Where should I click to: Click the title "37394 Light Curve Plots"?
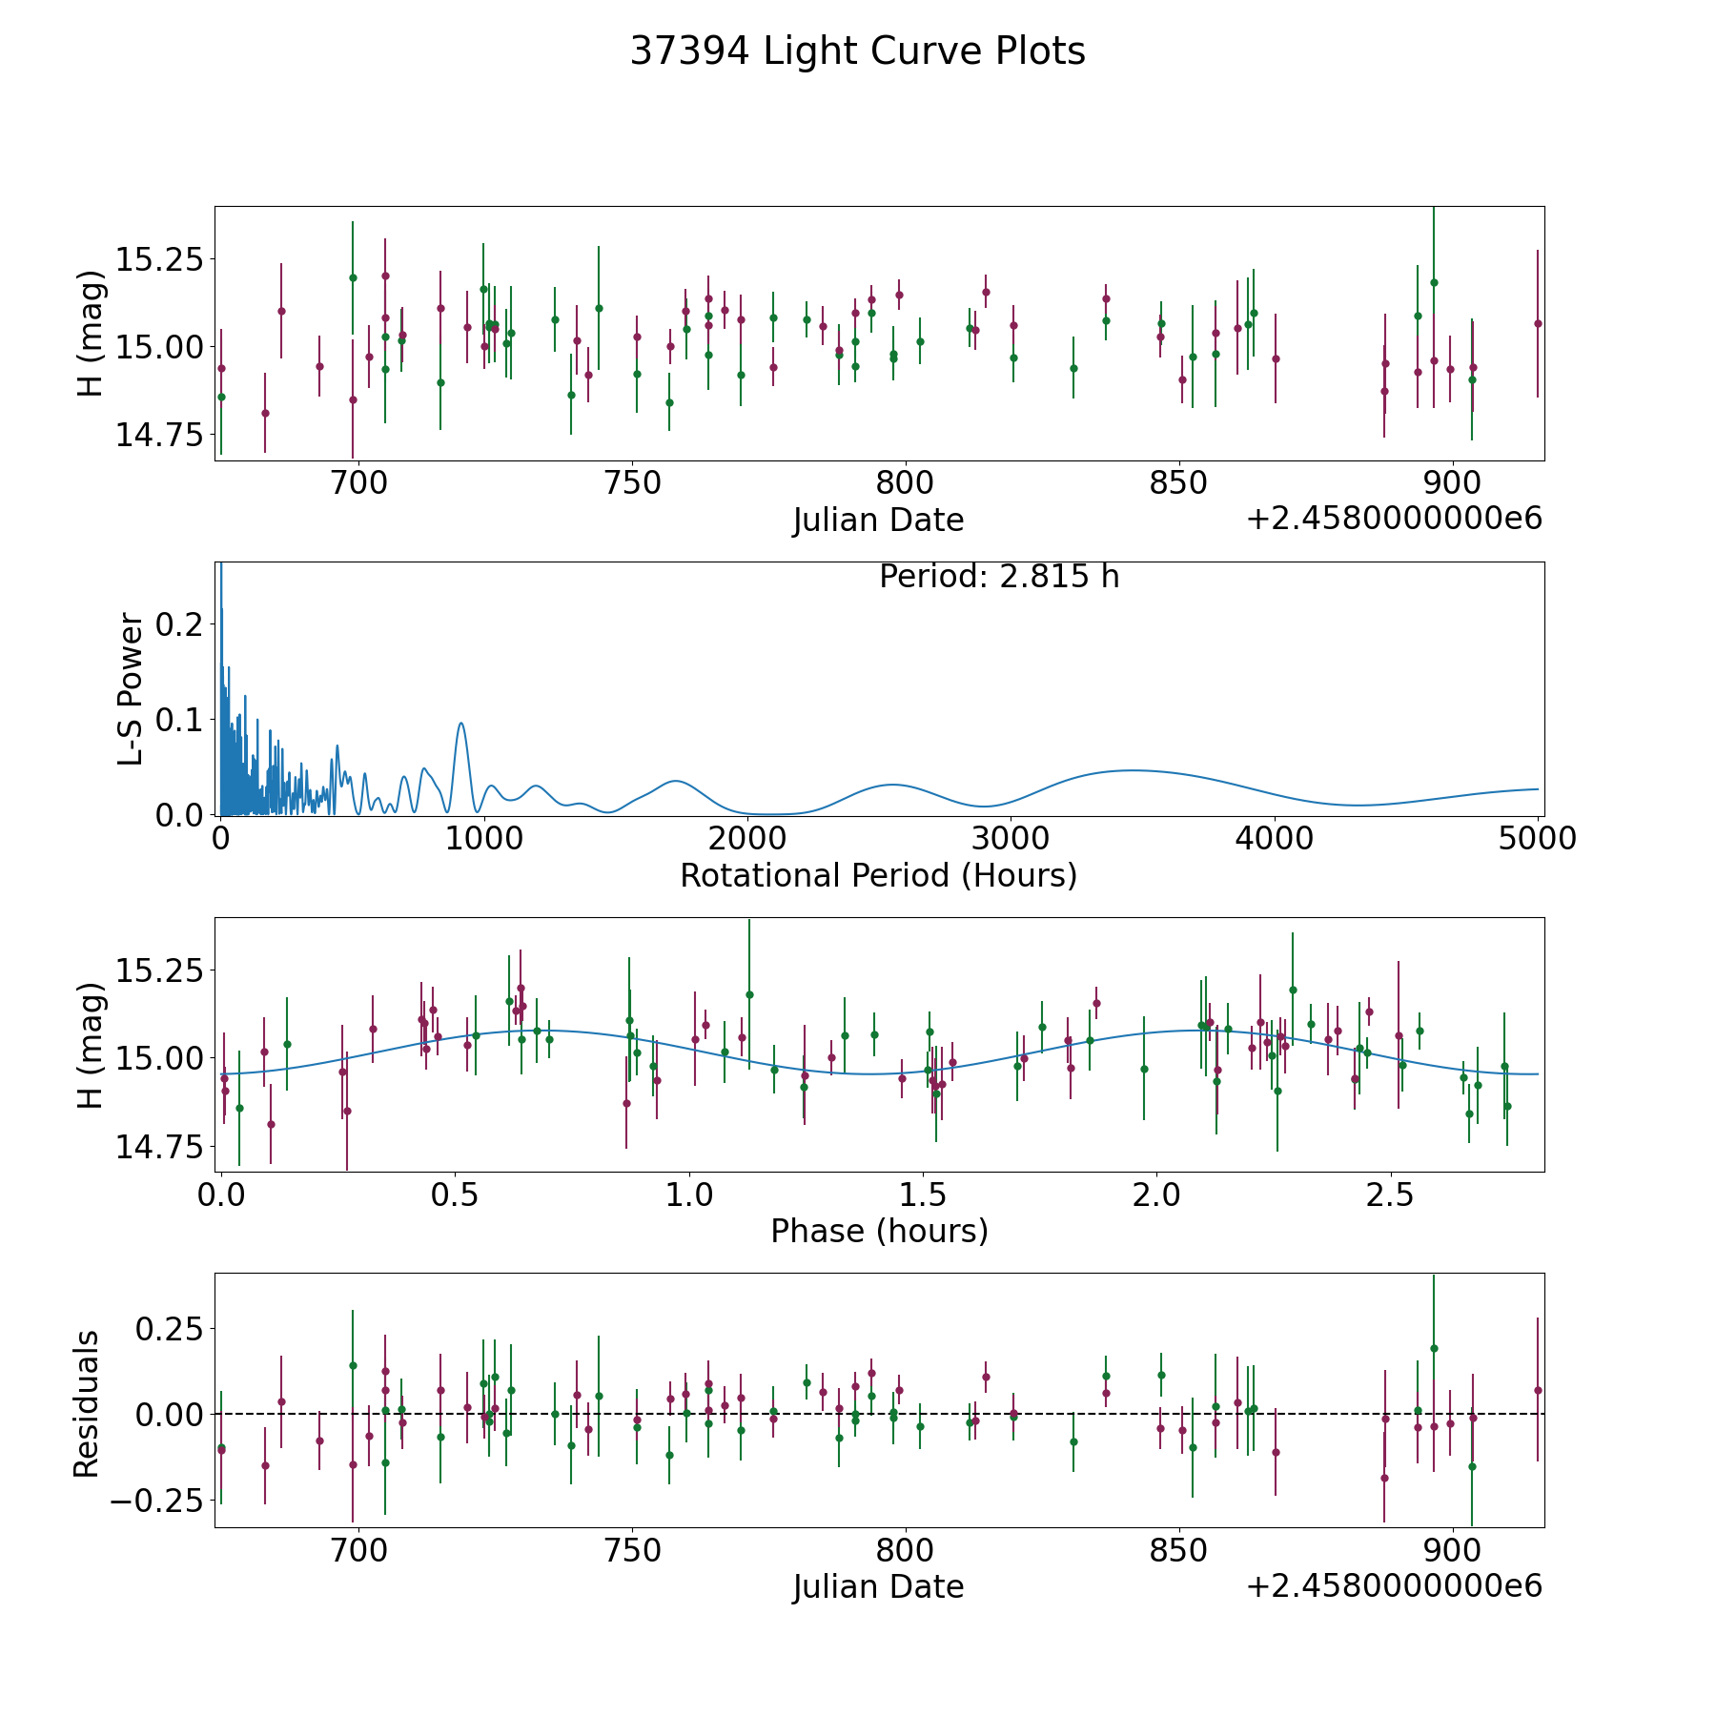click(x=857, y=51)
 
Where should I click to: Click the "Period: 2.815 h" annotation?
click(x=999, y=577)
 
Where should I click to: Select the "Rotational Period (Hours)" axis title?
click(x=878, y=875)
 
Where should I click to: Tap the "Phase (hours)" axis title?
click(x=879, y=1231)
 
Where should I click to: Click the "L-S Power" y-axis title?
click(x=132, y=688)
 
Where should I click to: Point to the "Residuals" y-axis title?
click(x=87, y=1403)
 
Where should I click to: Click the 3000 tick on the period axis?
click(x=1010, y=839)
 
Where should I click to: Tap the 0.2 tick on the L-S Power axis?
click(x=180, y=624)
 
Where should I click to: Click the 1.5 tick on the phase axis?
click(x=923, y=1195)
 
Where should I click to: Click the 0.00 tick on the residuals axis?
click(x=170, y=1414)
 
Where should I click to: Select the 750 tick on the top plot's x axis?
click(x=632, y=484)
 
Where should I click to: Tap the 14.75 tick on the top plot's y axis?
click(x=159, y=435)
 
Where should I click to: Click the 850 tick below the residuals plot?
click(x=1179, y=1551)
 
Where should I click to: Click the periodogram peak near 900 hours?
click(x=461, y=723)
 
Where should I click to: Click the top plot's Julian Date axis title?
click(x=878, y=521)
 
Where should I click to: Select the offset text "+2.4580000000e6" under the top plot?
click(x=1394, y=519)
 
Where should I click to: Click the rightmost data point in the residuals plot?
click(x=1537, y=1390)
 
